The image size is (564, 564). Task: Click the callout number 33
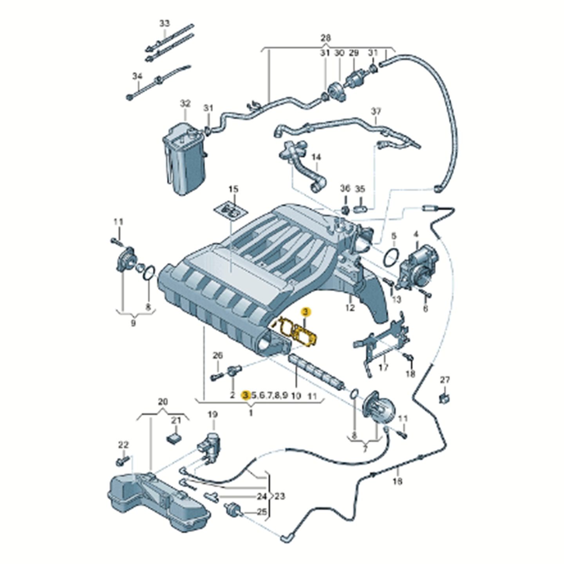pos(164,23)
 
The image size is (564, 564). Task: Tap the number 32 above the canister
pos(185,104)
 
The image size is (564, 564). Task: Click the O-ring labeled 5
pos(392,259)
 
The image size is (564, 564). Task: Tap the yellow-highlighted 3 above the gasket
pos(305,312)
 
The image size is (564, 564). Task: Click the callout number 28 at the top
pos(325,38)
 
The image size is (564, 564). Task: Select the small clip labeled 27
pos(445,398)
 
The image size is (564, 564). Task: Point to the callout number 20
pos(163,401)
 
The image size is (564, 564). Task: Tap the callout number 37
pos(376,111)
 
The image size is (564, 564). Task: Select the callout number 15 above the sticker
pos(233,190)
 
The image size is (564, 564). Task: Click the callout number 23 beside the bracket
pos(279,497)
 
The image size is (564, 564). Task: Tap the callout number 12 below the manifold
pos(350,308)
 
